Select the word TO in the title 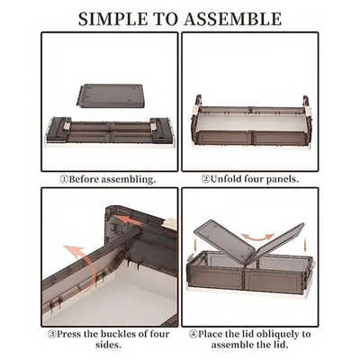(x=171, y=18)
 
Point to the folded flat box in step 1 (x=108, y=132)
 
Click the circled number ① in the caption (x=64, y=179)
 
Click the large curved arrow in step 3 (x=76, y=270)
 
